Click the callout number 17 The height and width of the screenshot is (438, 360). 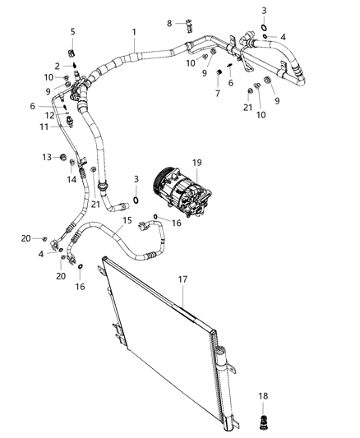183,279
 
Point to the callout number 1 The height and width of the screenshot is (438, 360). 134,33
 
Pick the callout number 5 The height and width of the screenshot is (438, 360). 72,32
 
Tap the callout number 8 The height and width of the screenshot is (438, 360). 169,23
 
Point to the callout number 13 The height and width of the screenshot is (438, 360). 47,156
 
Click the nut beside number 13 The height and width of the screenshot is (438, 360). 64,157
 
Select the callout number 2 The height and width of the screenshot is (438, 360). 58,66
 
